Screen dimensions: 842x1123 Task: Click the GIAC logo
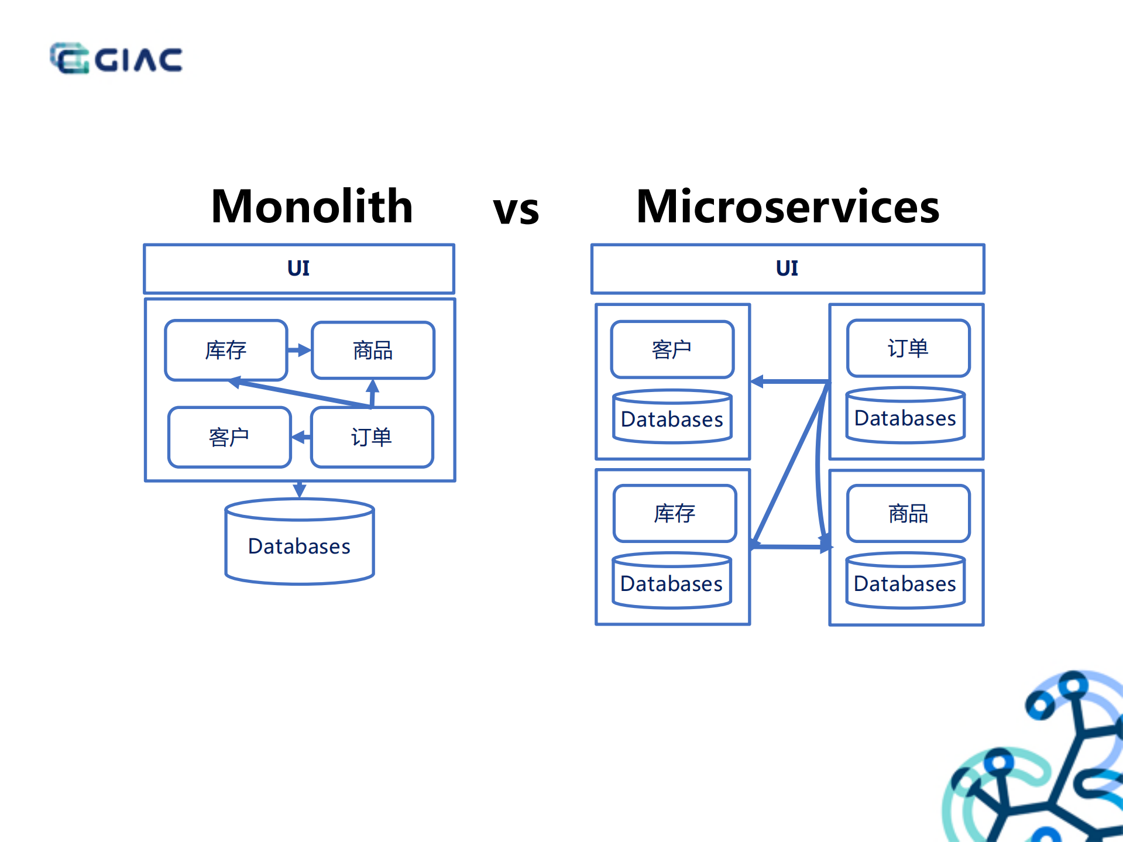point(116,59)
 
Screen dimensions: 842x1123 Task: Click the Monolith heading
point(312,207)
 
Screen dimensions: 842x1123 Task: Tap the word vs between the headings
point(516,210)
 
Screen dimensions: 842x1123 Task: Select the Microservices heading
point(787,207)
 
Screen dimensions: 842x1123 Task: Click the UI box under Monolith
point(299,269)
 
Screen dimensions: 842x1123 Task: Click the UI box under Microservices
point(787,269)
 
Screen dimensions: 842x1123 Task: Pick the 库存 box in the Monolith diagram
point(226,350)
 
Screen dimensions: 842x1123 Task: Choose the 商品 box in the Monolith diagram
point(373,350)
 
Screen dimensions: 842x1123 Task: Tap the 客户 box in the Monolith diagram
point(229,437)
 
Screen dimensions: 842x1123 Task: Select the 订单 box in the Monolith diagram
point(372,437)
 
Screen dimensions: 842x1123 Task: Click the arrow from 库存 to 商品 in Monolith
point(300,350)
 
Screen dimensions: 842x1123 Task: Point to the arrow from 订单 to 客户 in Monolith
point(301,437)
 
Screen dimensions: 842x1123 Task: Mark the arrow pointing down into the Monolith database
point(300,489)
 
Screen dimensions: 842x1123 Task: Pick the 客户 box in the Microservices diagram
point(672,349)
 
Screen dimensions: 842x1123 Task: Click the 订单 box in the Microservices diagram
point(908,348)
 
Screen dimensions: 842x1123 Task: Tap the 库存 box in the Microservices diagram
point(674,513)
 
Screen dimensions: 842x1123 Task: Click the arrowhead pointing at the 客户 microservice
point(757,382)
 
